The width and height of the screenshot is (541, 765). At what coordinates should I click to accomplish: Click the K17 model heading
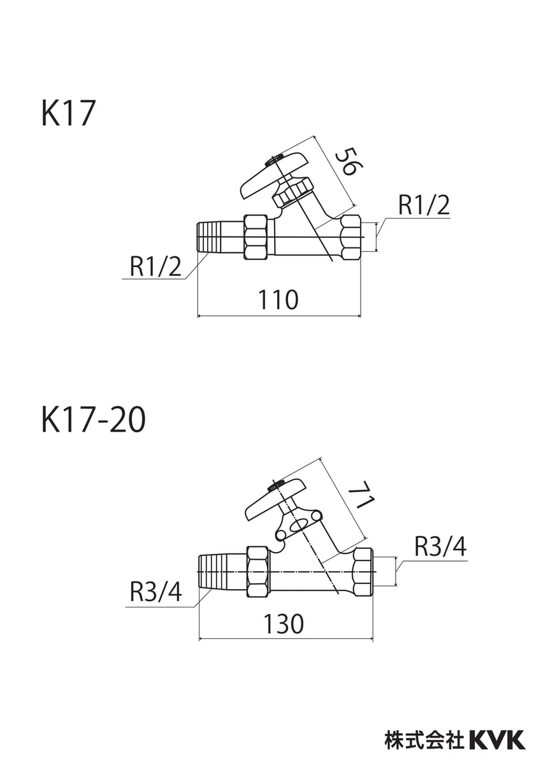[x=68, y=114]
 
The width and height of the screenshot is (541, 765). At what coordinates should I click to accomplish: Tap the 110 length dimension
[x=279, y=299]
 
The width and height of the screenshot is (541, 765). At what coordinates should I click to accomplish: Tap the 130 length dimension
[x=284, y=623]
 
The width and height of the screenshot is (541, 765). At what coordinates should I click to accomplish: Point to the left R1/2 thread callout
[x=155, y=266]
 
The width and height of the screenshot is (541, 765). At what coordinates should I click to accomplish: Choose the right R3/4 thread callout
[x=440, y=546]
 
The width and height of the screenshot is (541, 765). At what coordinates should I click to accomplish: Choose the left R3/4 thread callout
[x=155, y=593]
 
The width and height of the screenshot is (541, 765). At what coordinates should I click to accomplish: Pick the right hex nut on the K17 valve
[x=351, y=237]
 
